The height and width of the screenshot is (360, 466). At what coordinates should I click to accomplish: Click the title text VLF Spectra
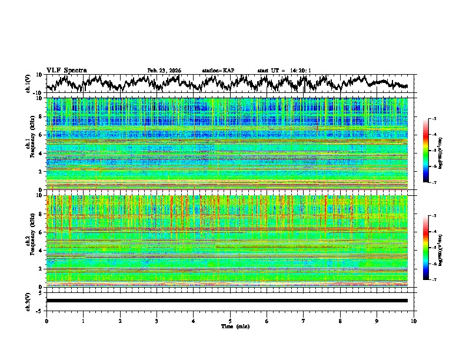[66, 70]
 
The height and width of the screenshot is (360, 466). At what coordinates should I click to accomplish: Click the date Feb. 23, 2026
[164, 71]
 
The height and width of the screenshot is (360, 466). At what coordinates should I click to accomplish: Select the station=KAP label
[218, 71]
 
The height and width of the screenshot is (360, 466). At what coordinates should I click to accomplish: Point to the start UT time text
[284, 71]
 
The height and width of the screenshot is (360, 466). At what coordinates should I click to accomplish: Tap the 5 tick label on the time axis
[230, 321]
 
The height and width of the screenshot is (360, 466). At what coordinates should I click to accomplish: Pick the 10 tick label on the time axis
[414, 321]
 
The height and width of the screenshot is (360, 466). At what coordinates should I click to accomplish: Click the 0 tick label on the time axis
[46, 321]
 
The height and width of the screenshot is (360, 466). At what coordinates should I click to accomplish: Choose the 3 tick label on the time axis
[157, 321]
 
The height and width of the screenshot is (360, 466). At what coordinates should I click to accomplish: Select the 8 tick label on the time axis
[340, 321]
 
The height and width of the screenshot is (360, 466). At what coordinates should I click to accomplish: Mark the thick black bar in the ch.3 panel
[227, 301]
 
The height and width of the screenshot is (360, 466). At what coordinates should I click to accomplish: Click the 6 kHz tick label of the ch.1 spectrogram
[41, 135]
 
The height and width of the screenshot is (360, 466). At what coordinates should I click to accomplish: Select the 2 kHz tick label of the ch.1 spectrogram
[41, 172]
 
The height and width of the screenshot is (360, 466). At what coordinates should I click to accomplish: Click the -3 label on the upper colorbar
[434, 119]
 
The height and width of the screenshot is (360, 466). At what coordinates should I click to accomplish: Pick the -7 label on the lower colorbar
[434, 280]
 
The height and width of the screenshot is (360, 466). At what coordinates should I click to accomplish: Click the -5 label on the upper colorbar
[434, 151]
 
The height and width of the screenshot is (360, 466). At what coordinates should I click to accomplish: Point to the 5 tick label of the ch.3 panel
[42, 292]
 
